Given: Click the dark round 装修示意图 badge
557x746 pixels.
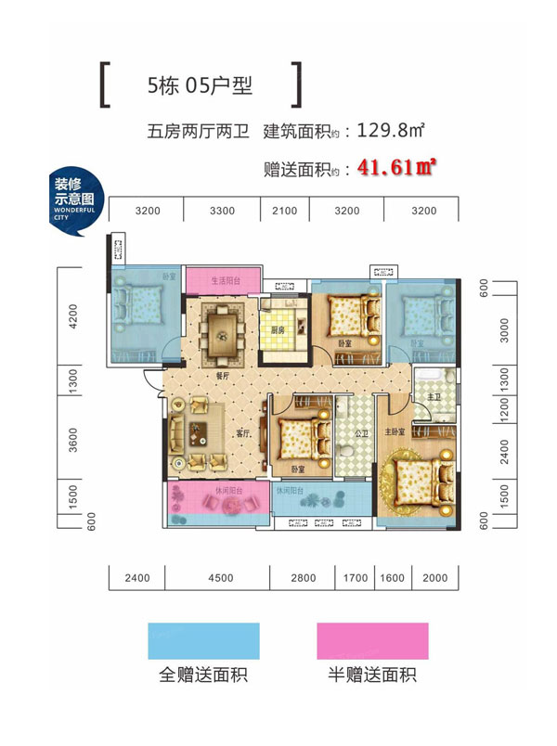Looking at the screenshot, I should [74, 203].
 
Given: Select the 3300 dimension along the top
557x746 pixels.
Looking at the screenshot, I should [222, 211].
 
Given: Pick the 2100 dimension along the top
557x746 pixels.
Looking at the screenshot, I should [285, 211].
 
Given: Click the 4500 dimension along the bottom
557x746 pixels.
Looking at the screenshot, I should [220, 578].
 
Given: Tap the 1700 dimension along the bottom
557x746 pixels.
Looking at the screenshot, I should [356, 578].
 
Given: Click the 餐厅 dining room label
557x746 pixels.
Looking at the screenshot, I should [223, 377].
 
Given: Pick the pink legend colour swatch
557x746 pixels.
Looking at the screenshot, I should [371, 640].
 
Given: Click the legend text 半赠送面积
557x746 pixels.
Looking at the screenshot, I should [371, 675].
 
